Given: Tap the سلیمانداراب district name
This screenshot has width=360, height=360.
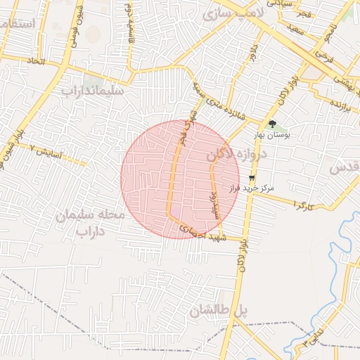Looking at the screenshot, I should pyautogui.click(x=92, y=91).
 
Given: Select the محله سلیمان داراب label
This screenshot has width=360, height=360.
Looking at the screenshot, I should pyautogui.click(x=90, y=221).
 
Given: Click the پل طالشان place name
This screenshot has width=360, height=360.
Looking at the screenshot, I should pyautogui.click(x=219, y=309).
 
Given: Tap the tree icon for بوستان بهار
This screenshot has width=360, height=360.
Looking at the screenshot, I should pyautogui.click(x=271, y=124).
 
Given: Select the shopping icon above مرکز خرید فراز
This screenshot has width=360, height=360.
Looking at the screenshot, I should pyautogui.click(x=252, y=179).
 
